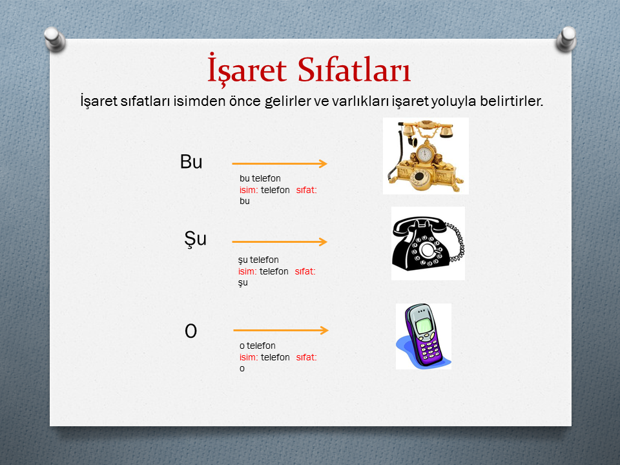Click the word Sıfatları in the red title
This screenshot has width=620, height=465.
pos(354,70)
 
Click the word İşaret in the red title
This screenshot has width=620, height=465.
pos(247,68)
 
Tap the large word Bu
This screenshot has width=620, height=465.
pos(191,161)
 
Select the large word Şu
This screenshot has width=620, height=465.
pos(195,239)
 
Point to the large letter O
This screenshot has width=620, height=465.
pos(191,331)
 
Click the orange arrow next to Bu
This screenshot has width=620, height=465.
pos(280,163)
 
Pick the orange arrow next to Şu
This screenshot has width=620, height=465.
pos(280,242)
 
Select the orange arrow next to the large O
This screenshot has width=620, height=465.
pos(281,330)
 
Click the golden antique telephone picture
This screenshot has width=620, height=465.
pos(426,156)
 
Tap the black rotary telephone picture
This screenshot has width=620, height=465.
pos(428,243)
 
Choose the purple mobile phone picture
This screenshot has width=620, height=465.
pos(424,336)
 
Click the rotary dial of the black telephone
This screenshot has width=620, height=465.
pos(427,251)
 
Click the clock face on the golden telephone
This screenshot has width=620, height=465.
pos(425,154)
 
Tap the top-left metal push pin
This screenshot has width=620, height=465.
pos(54,39)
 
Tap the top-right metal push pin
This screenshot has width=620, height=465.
pos(566,39)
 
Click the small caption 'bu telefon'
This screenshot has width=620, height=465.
pos(260,178)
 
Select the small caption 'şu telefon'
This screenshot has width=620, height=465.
pos(258,260)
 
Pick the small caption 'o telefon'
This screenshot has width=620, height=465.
pos(258,346)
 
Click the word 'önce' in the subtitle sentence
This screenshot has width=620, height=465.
pos(245,101)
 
